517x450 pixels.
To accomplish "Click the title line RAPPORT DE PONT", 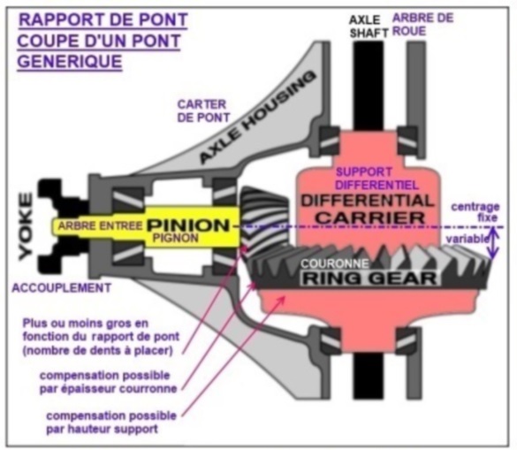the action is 103,19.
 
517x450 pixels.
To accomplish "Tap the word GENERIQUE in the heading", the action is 70,61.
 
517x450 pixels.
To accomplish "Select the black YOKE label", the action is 26,226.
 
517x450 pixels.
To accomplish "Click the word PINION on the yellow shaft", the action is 188,225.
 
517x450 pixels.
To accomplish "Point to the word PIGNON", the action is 176,238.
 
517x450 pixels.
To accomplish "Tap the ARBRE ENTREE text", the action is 100,226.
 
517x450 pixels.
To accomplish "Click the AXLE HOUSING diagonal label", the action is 257,118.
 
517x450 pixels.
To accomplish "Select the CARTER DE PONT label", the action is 203,111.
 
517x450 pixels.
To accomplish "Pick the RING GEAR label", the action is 370,278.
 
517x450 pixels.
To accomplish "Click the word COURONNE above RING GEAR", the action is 335,263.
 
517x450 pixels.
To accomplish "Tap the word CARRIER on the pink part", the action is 370,218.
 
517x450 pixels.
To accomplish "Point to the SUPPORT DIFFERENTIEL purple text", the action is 376,179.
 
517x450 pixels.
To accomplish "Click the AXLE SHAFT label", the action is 369,27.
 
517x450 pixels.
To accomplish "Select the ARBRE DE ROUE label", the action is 423,25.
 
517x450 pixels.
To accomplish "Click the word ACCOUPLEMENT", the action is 62,288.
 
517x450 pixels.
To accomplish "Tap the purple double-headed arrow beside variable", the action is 493,243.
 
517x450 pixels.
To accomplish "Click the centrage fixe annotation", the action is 475,212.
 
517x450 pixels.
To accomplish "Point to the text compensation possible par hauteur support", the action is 111,423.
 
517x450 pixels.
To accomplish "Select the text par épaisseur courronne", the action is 108,389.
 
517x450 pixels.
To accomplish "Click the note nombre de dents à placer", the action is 98,351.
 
